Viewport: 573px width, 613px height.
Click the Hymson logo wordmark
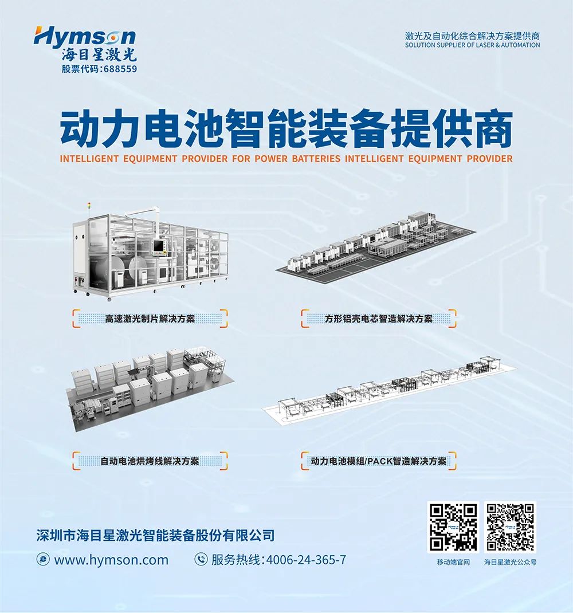pyautogui.click(x=85, y=37)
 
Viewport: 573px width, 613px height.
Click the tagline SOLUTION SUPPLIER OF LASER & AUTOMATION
pyautogui.click(x=472, y=45)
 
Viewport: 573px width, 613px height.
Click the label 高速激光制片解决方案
pyautogui.click(x=150, y=319)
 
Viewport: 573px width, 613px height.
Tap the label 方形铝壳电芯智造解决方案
pyautogui.click(x=379, y=319)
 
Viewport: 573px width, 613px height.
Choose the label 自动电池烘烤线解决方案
pyautogui.click(x=150, y=461)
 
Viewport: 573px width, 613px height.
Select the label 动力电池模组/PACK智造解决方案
pyautogui.click(x=379, y=461)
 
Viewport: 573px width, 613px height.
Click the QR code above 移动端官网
pyautogui.click(x=453, y=527)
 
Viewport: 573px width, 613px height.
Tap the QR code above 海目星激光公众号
pyautogui.click(x=510, y=527)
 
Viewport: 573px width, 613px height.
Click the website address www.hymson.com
pyautogui.click(x=111, y=560)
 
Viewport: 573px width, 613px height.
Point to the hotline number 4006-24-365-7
pyautogui.click(x=306, y=560)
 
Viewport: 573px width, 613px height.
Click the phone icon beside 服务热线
pyautogui.click(x=201, y=559)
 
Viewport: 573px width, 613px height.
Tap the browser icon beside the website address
pyautogui.click(x=42, y=559)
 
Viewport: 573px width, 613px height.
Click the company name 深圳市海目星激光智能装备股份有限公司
pyautogui.click(x=155, y=535)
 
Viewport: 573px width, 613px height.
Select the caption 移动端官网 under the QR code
pyautogui.click(x=453, y=562)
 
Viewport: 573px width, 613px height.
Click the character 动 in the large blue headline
pyautogui.click(x=81, y=129)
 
